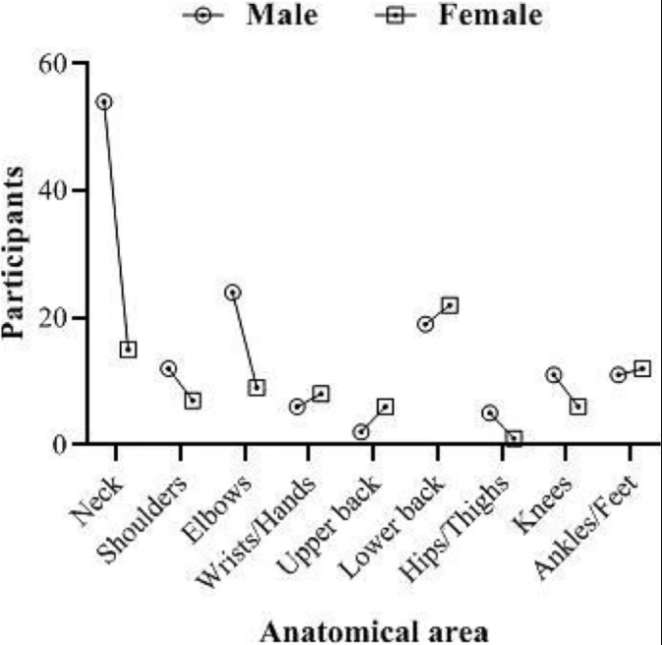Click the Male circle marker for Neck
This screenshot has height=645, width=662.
[x=104, y=101]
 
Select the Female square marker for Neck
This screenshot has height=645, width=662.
[x=129, y=349]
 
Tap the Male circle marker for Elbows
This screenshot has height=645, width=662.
[x=233, y=292]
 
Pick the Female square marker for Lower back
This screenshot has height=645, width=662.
[x=450, y=305]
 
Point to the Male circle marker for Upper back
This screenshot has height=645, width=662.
[x=361, y=432]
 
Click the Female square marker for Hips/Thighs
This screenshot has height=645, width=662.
[x=514, y=439]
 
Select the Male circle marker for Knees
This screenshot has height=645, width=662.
[x=554, y=374]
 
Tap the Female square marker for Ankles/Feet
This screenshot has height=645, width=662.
[x=642, y=368]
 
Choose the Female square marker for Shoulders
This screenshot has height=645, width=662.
[x=193, y=401]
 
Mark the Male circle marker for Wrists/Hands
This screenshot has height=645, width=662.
[x=297, y=406]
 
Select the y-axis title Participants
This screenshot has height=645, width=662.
[x=16, y=253]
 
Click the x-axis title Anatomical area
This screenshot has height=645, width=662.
[x=373, y=628]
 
